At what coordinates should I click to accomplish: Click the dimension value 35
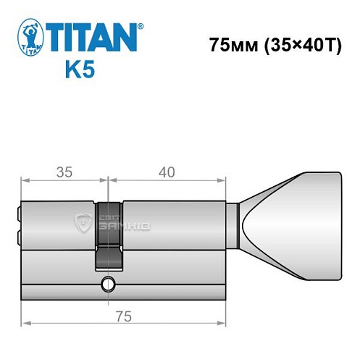[x=64, y=172]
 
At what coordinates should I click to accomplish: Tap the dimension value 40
[x=167, y=172]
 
